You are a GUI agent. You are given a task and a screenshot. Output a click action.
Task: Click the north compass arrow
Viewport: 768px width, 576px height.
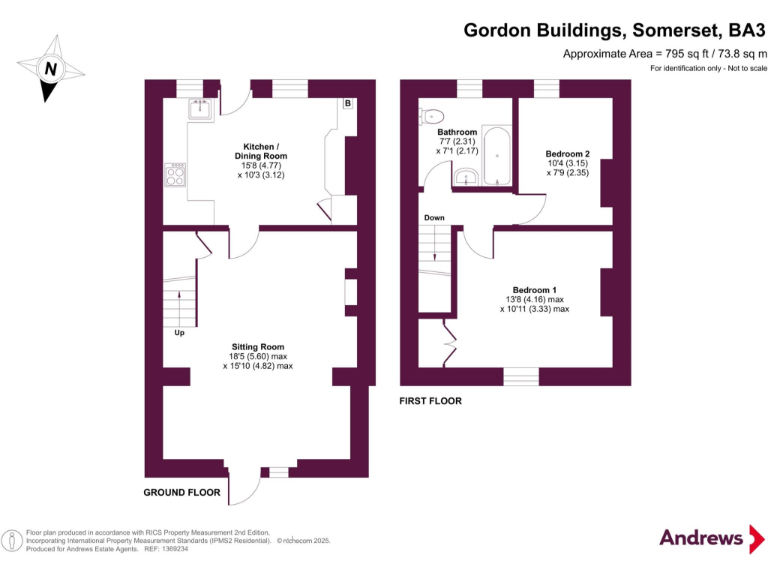(48, 70)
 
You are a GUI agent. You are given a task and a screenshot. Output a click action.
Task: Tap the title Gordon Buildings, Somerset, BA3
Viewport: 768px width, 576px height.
(614, 30)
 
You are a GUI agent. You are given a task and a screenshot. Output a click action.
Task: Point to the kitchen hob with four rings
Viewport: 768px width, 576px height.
(175, 175)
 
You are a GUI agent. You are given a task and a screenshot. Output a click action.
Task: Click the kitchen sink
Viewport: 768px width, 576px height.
(201, 108)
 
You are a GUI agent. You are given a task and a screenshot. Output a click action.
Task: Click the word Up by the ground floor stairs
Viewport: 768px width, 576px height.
(180, 333)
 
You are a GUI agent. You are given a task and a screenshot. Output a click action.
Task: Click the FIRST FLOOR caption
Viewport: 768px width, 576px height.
(431, 400)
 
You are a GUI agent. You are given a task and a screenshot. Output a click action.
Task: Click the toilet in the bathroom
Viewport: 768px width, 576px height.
(431, 115)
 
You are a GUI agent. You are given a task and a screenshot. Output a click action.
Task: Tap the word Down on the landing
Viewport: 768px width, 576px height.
(434, 218)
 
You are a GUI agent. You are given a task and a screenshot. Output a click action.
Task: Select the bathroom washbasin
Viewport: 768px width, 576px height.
(464, 178)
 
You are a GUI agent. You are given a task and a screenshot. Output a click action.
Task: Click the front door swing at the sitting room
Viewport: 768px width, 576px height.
(241, 490)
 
